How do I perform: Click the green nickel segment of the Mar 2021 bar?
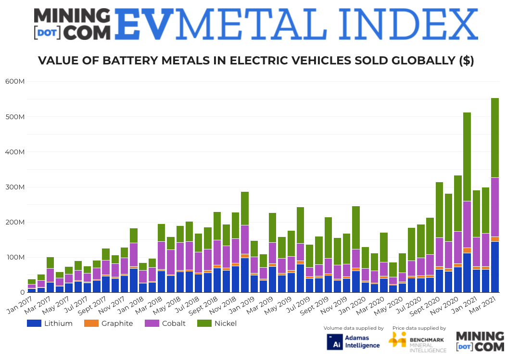pyautogui.click(x=495, y=137)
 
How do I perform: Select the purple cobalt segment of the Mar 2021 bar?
pyautogui.click(x=495, y=207)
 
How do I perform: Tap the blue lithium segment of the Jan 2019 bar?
pyautogui.click(x=254, y=284)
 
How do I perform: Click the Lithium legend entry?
pyautogui.click(x=58, y=323)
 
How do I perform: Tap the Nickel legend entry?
pyautogui.click(x=225, y=323)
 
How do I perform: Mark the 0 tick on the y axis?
pyautogui.click(x=22, y=292)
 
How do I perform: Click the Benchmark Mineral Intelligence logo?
pyautogui.click(x=417, y=342)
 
